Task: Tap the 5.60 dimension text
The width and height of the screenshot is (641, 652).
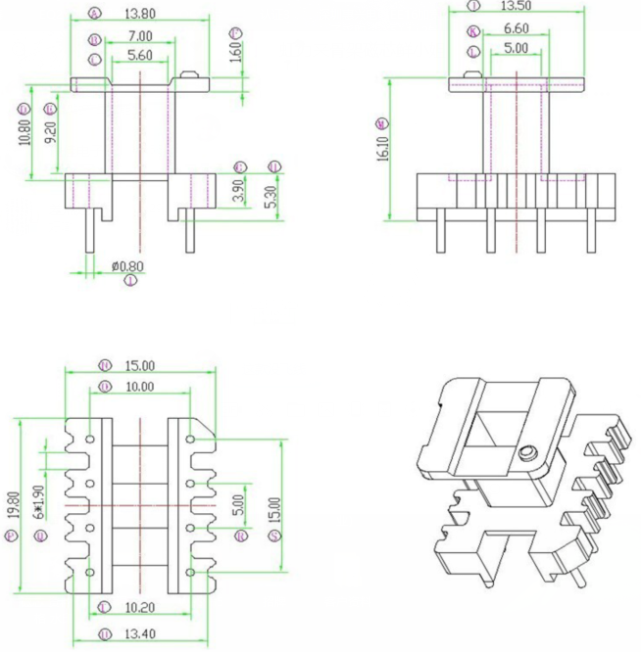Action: (x=140, y=56)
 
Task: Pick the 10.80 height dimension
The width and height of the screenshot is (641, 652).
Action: (x=25, y=126)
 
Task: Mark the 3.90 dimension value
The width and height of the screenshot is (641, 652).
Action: (x=238, y=190)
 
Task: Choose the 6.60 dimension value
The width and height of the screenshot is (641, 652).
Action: (x=516, y=29)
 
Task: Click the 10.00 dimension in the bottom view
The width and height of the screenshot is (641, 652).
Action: (x=139, y=387)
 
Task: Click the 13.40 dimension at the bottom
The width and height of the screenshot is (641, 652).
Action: (x=140, y=632)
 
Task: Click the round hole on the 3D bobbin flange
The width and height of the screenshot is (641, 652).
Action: (x=529, y=452)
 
